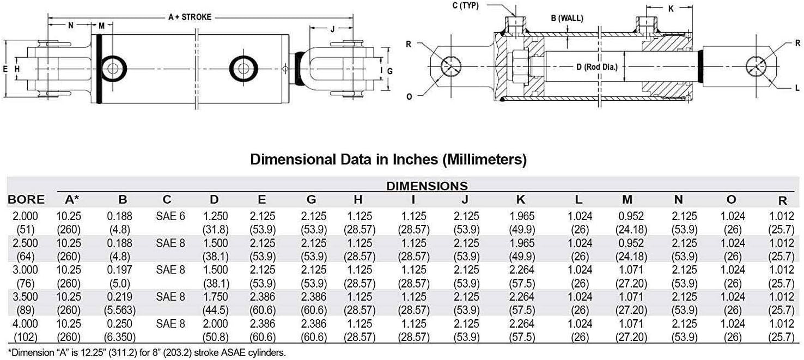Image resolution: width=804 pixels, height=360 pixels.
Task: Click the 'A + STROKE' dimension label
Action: click(x=190, y=17)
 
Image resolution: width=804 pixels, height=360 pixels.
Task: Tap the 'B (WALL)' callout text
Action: click(x=567, y=18)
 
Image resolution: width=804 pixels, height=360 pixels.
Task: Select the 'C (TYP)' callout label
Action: click(x=466, y=5)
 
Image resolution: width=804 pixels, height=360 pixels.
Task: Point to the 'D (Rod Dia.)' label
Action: click(x=597, y=67)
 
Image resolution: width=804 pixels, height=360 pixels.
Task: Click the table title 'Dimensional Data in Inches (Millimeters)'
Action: click(x=388, y=160)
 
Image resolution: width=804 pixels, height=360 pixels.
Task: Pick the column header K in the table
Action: click(x=521, y=199)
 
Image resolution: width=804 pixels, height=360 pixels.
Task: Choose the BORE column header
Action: click(x=26, y=199)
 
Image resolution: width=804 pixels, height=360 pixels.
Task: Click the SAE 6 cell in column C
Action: click(x=170, y=216)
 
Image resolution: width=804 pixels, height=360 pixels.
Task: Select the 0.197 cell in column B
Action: click(x=119, y=270)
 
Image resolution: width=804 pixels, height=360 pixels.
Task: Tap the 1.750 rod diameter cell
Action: click(x=215, y=297)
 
